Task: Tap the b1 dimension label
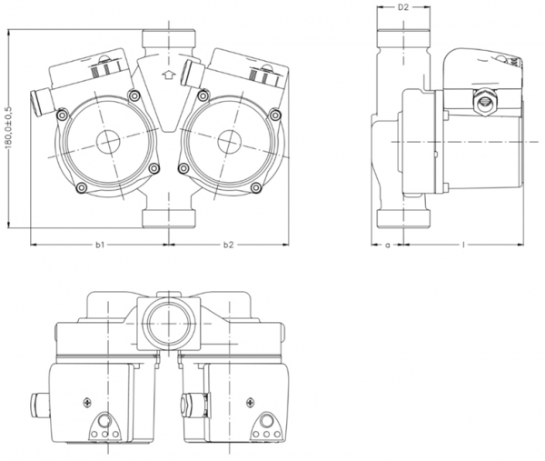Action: [x=101, y=245]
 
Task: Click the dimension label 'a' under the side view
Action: [x=388, y=245]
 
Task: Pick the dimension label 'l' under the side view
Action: [x=464, y=245]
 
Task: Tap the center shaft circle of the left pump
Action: [x=104, y=144]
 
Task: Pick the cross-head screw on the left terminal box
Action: [x=86, y=401]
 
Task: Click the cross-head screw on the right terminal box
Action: [x=245, y=401]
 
